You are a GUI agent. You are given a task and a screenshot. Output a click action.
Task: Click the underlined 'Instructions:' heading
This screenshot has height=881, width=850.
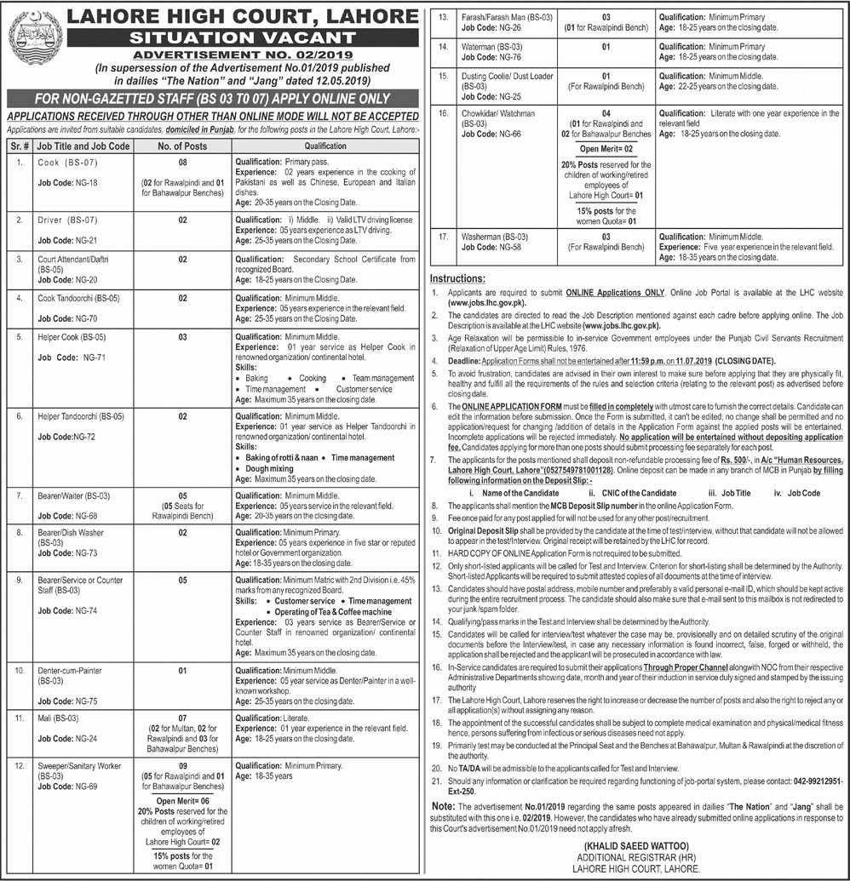(x=458, y=278)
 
